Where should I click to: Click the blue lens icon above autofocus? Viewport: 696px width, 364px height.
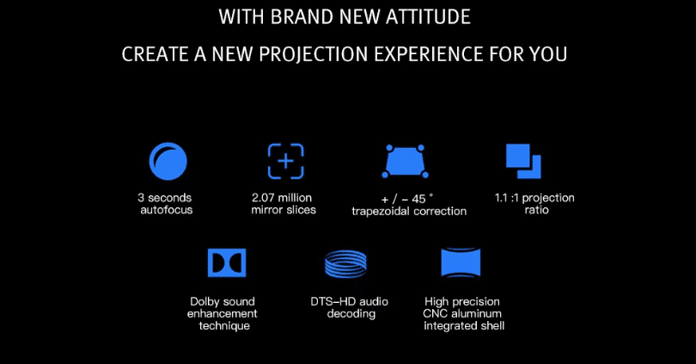tap(168, 161)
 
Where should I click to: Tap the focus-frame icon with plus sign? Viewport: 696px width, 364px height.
tap(286, 161)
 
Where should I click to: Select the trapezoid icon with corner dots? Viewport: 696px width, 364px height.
tap(406, 161)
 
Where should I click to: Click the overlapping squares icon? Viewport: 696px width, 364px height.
tap(523, 161)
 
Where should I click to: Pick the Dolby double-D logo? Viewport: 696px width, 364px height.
tap(227, 262)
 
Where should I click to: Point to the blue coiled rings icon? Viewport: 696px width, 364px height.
tap(345, 263)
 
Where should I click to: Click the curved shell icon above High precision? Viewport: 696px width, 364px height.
tap(461, 263)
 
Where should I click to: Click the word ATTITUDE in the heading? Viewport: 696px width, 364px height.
tap(428, 17)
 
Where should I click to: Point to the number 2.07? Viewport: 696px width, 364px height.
tap(264, 198)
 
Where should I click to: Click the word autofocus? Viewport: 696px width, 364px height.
tap(167, 210)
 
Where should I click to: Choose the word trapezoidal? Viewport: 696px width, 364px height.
tap(382, 211)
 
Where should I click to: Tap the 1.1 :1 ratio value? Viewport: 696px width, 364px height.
tap(507, 198)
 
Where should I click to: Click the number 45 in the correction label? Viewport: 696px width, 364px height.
tap(418, 199)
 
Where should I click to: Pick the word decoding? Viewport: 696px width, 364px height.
tap(351, 314)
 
